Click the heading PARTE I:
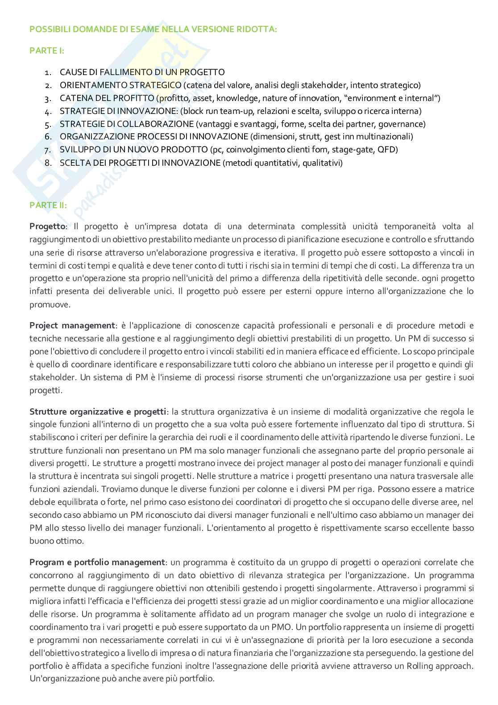(47, 50)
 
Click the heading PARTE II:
(48, 205)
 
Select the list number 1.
(48, 72)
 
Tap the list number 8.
(48, 163)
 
